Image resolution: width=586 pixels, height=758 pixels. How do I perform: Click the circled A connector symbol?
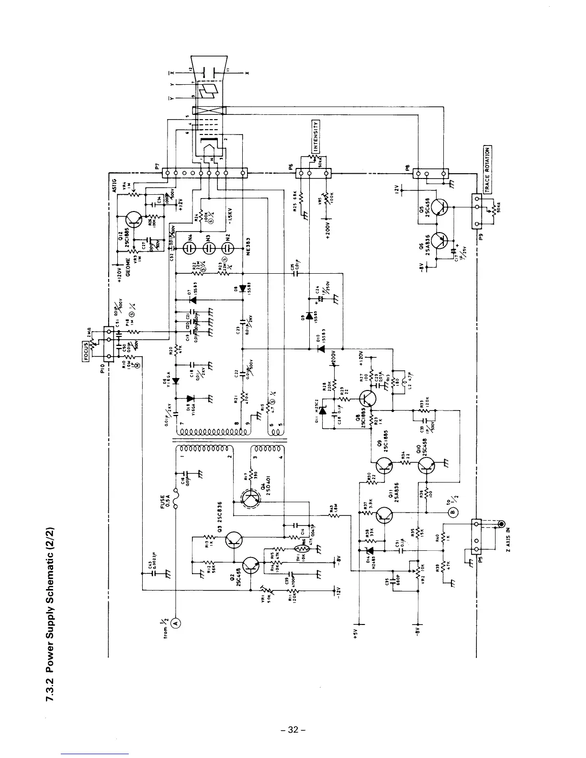pos(176,622)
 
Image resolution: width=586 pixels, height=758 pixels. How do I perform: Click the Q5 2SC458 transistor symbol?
pos(439,207)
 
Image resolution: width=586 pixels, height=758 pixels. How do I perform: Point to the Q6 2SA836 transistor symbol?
pos(439,241)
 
